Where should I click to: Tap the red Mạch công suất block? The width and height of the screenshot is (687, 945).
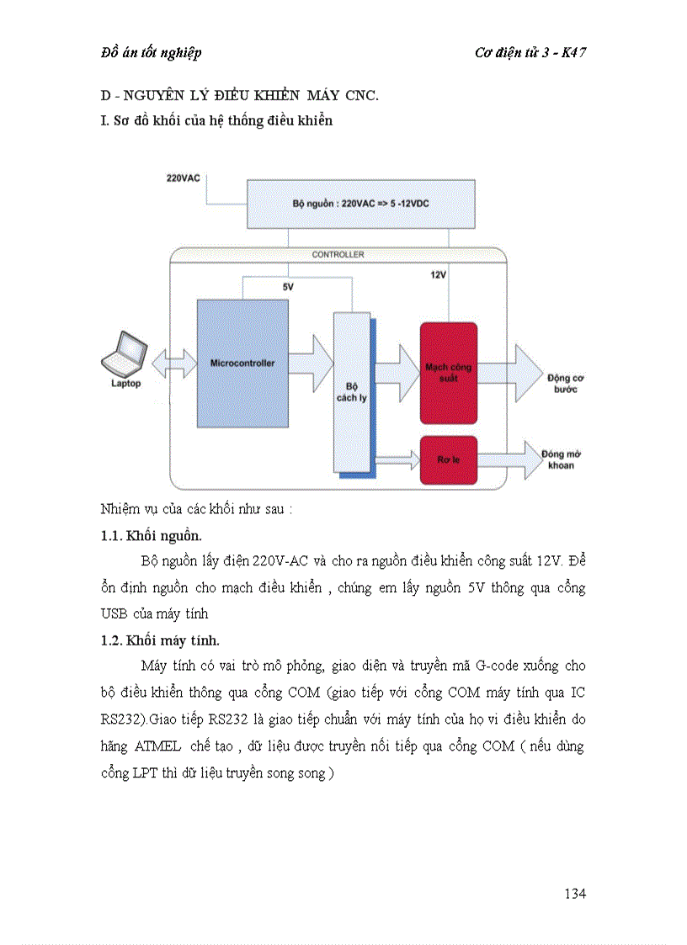tap(448, 373)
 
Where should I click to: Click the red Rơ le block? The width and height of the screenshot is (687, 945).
tap(448, 459)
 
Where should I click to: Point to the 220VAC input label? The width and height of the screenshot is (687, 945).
tap(184, 178)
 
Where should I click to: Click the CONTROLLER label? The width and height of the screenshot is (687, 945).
tap(338, 254)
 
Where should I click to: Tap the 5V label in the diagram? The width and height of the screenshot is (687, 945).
tap(288, 286)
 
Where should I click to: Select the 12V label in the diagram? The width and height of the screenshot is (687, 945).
tap(438, 275)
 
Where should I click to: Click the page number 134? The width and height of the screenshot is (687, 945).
tap(574, 893)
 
